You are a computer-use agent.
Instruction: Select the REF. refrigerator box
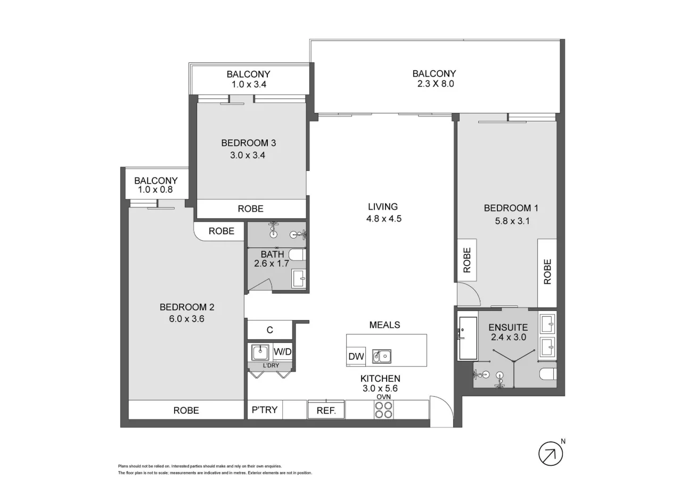coord(326,410)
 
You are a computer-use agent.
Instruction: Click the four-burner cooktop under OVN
coord(383,409)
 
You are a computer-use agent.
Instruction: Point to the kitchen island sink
coord(381,356)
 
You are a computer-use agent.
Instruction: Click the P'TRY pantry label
coord(264,410)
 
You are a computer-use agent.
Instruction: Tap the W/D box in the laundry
coord(283,352)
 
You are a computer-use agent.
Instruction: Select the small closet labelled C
coord(269,330)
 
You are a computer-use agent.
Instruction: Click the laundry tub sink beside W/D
coord(260,352)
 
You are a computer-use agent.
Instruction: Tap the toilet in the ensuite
coord(547,374)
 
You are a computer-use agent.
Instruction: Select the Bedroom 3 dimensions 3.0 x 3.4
coord(248,155)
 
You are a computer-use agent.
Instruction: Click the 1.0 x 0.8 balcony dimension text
coord(155,190)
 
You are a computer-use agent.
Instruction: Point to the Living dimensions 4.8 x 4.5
coord(382,218)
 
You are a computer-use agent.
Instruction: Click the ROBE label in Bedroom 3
coord(250,209)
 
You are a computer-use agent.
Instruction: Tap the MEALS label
coord(384,324)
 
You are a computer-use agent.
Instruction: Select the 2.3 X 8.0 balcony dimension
coord(434,84)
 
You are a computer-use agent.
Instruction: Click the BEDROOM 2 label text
coord(186,307)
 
